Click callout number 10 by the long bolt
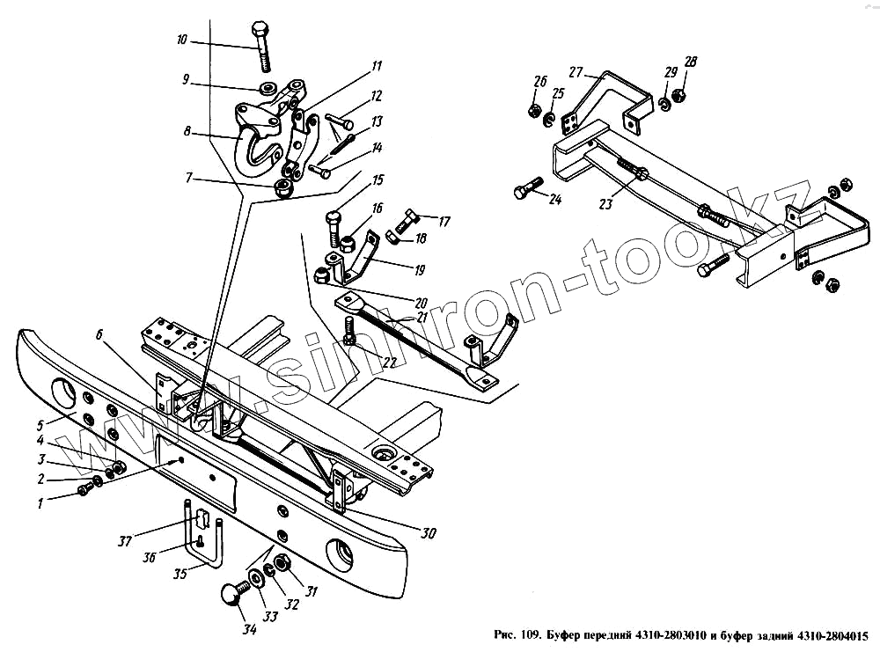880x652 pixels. coord(181,40)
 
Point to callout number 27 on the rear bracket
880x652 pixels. coord(576,72)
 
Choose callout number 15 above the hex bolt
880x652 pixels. coord(378,180)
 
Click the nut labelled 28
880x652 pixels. coord(679,94)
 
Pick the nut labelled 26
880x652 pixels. coord(534,111)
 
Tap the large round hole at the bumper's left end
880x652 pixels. coord(64,393)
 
